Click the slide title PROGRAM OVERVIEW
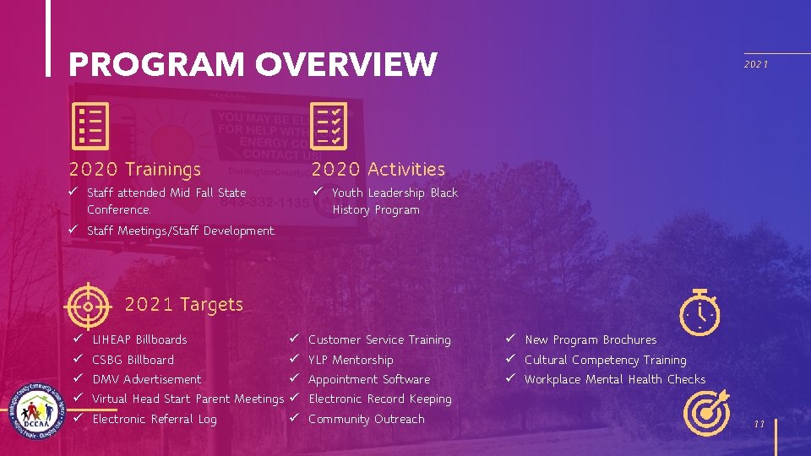click(253, 64)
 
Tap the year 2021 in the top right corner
click(756, 64)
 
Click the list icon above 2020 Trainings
click(90, 126)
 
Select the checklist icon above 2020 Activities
click(326, 126)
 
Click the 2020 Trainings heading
click(135, 170)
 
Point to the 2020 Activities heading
click(378, 170)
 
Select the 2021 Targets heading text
click(183, 304)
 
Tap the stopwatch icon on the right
click(700, 312)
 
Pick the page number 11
click(759, 424)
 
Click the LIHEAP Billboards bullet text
click(139, 339)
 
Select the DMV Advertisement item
click(146, 379)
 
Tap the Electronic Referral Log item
click(154, 419)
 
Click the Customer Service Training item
click(379, 339)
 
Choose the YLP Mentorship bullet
click(351, 360)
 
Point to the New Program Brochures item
click(590, 339)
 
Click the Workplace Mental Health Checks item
click(614, 379)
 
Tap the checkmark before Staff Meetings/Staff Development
click(75, 231)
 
